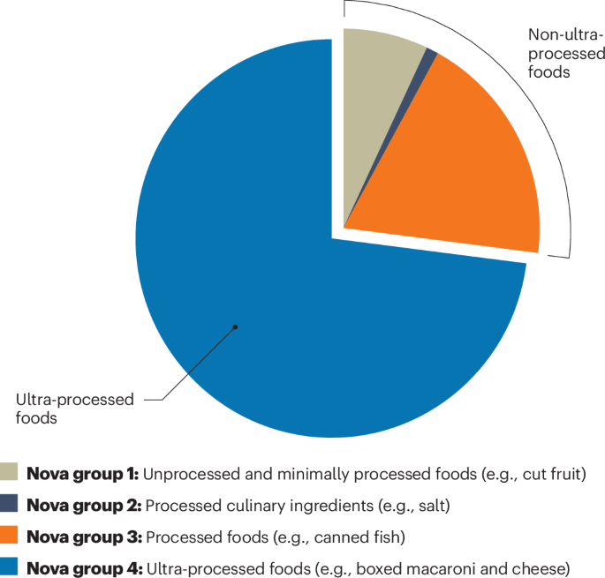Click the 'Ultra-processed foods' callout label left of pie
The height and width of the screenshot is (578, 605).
click(74, 409)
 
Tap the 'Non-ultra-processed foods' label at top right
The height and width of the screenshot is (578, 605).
click(565, 53)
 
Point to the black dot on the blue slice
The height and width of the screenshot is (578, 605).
click(236, 327)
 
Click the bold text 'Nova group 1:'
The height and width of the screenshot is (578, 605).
click(83, 474)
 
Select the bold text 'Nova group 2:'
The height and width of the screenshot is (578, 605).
click(83, 505)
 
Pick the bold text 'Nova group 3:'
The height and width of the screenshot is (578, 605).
click(83, 536)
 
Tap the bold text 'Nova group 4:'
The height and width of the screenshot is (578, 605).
click(83, 567)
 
